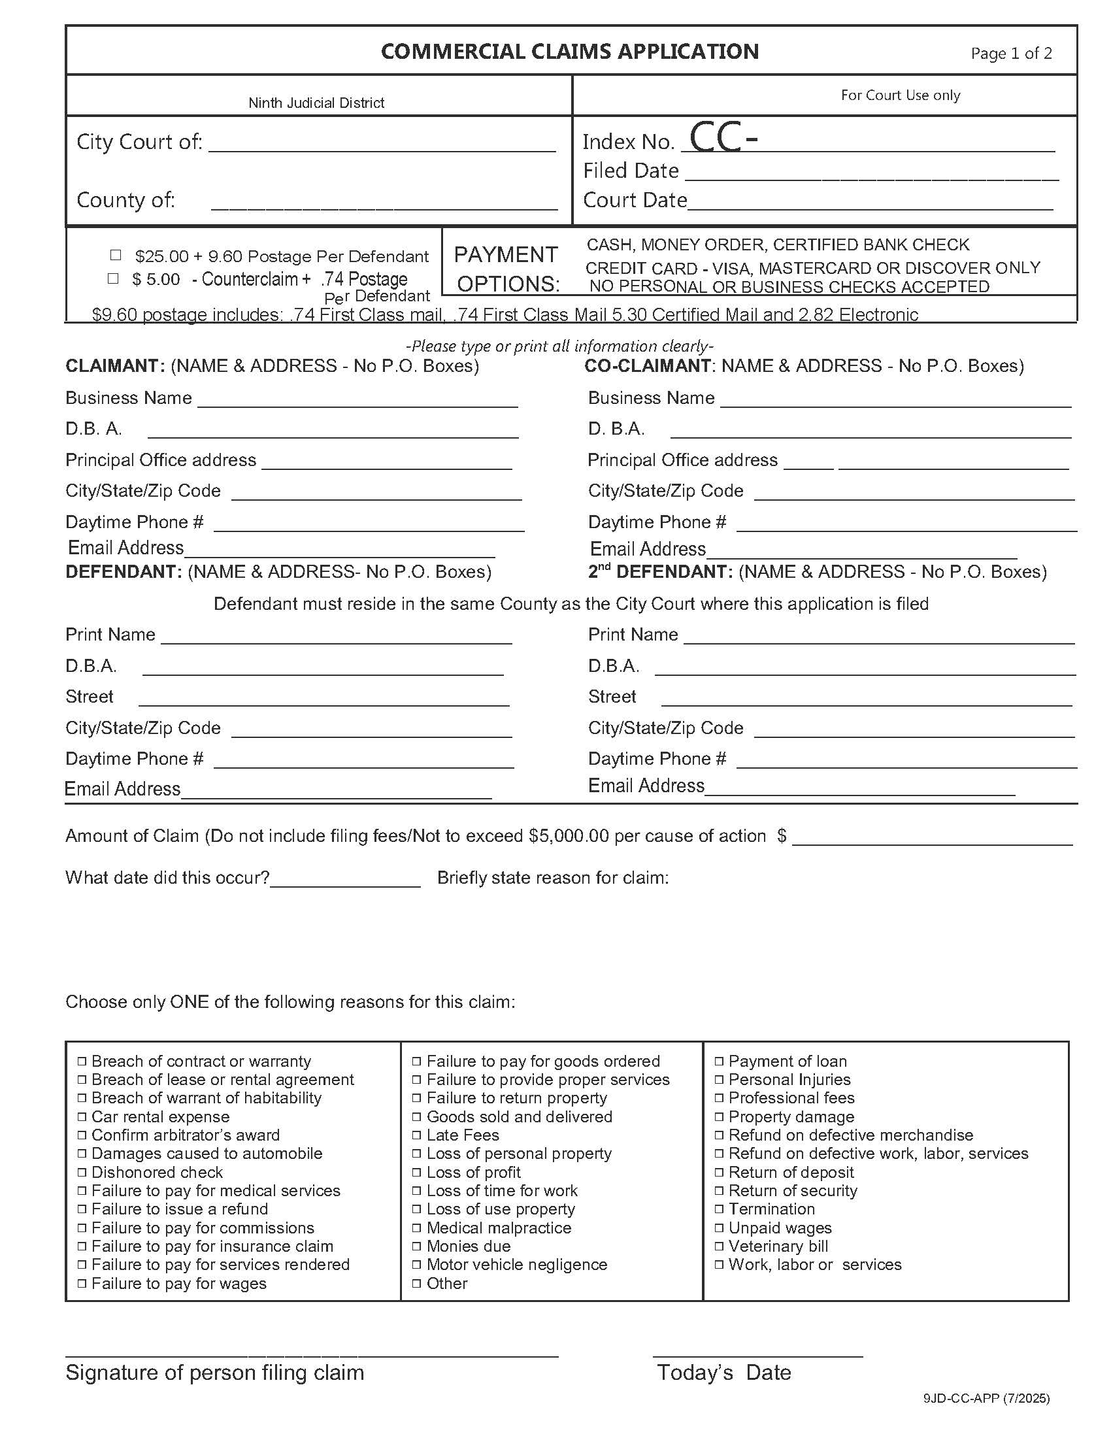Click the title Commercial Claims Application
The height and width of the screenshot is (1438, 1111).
569,52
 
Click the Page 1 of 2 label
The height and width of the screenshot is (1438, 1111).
1011,54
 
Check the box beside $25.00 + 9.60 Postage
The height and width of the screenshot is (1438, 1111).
116,255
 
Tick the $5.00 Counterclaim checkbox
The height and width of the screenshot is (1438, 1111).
113,278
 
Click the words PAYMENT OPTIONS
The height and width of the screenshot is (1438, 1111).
506,269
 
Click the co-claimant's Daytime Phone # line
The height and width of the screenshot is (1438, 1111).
906,526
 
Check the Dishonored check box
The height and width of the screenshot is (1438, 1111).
82,1173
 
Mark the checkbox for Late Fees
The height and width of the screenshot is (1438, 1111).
417,1135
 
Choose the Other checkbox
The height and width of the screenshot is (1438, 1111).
417,1283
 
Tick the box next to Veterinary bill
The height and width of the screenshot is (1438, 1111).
720,1246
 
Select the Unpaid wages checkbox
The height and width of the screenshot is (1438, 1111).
720,1228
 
